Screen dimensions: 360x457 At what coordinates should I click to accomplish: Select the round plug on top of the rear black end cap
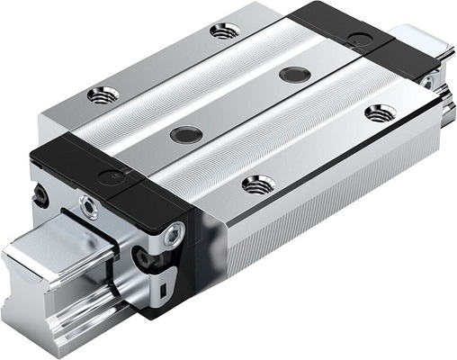(x=362, y=40)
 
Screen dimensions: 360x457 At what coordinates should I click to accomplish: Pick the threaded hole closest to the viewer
(x=258, y=183)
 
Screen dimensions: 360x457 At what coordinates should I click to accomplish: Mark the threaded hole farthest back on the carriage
(x=224, y=31)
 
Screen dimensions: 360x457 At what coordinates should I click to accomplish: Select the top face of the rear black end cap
(x=342, y=27)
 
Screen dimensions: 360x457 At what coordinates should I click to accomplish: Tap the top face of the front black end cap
(x=99, y=166)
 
